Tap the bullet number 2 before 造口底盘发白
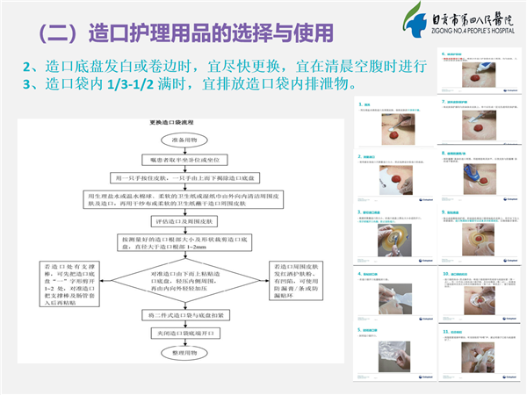tap(27, 67)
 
